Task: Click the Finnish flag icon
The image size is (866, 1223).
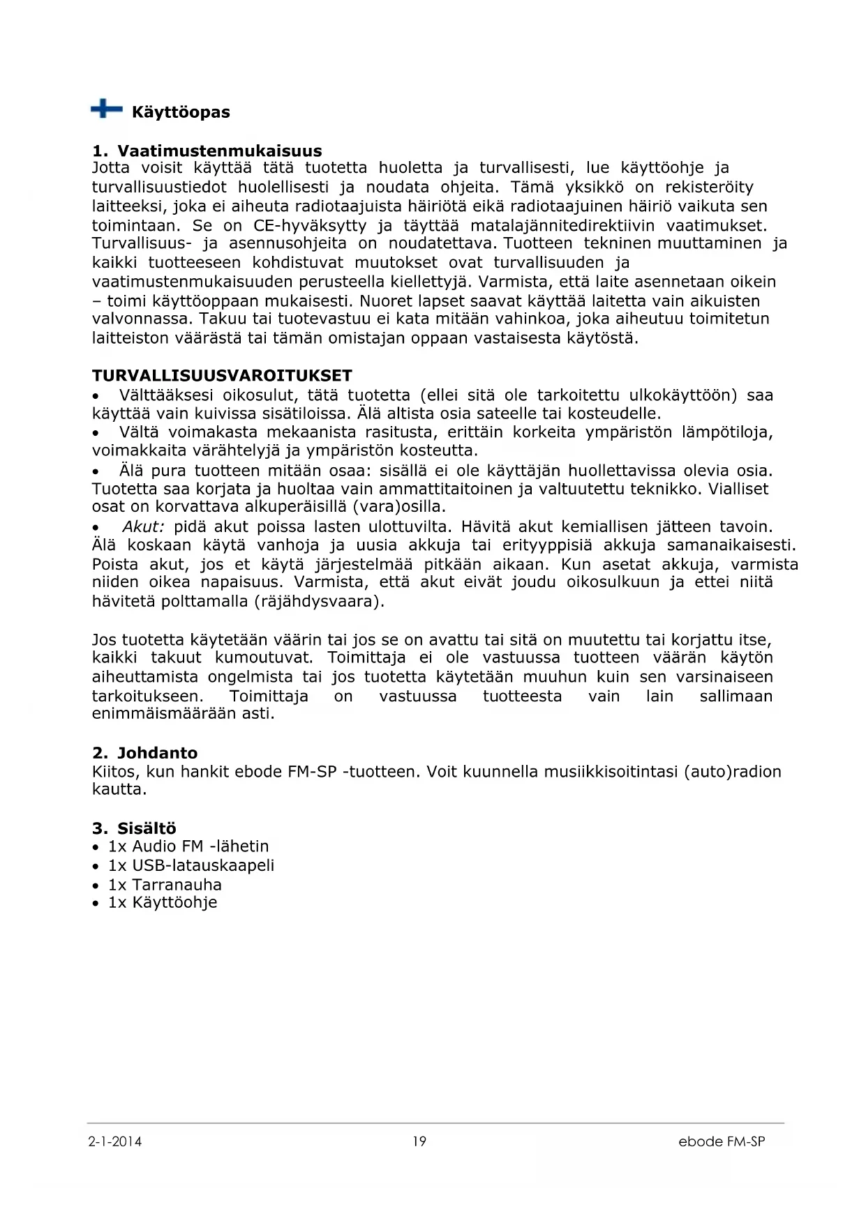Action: (106, 109)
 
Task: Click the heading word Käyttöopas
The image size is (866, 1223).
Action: (181, 112)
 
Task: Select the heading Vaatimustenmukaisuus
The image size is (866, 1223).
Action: (219, 151)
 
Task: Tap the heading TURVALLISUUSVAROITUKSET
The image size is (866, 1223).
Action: (222, 376)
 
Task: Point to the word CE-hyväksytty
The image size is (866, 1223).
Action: (310, 226)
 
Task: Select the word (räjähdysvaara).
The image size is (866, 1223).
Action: (319, 601)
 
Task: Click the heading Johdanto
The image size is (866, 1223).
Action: (157, 753)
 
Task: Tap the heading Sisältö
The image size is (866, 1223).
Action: (147, 828)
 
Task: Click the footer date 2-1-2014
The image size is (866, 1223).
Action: (115, 1141)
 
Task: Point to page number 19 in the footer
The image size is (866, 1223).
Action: (419, 1141)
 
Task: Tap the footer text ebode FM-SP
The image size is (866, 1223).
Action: (722, 1141)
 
